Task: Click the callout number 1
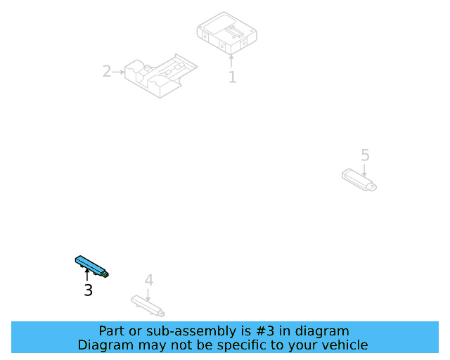pyautogui.click(x=232, y=77)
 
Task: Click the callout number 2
pyautogui.click(x=107, y=71)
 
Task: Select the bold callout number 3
pyautogui.click(x=88, y=290)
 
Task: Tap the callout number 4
pyautogui.click(x=148, y=280)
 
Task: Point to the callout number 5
pyautogui.click(x=364, y=155)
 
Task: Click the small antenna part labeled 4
pyautogui.click(x=148, y=304)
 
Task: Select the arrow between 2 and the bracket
pyautogui.click(x=118, y=71)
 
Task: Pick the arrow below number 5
pyautogui.click(x=364, y=169)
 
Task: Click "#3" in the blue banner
pyautogui.click(x=275, y=331)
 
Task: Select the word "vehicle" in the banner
pyautogui.click(x=344, y=345)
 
